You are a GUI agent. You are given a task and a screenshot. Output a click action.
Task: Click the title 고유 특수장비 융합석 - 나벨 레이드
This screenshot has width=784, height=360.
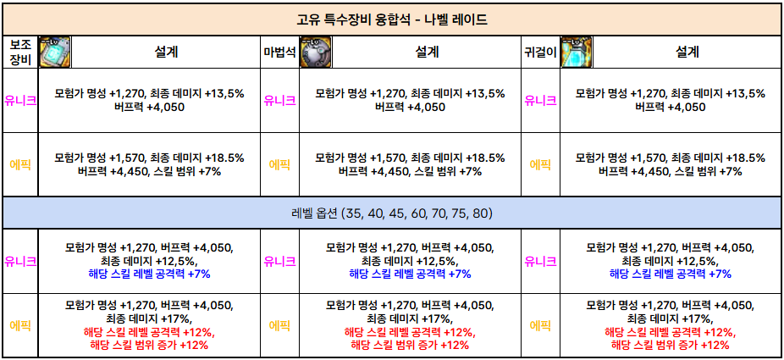click(392, 19)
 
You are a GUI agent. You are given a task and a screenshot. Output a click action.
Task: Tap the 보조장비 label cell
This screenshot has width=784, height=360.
click(19, 52)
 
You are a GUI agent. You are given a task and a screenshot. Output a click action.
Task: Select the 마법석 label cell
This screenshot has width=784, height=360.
click(279, 53)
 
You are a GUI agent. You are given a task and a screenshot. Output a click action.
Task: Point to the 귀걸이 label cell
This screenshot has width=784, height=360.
click(540, 53)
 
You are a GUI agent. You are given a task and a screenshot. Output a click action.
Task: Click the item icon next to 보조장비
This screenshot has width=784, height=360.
click(54, 53)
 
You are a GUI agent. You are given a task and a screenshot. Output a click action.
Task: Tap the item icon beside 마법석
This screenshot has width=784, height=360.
click(315, 53)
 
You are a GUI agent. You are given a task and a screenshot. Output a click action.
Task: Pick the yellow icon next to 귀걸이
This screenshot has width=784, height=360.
click(576, 53)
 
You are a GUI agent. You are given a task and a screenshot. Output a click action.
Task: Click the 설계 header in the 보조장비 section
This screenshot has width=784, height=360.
click(166, 53)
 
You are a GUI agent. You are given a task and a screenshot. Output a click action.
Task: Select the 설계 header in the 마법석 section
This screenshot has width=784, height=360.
click(427, 53)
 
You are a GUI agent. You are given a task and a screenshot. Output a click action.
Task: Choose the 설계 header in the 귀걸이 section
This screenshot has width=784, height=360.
click(687, 53)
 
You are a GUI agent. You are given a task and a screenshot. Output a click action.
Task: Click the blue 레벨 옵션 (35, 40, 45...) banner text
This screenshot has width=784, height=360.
click(392, 213)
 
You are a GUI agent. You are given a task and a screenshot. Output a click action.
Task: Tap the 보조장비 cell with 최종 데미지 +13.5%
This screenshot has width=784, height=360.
click(149, 100)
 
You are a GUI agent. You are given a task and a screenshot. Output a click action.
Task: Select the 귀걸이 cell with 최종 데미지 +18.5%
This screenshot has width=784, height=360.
click(670, 164)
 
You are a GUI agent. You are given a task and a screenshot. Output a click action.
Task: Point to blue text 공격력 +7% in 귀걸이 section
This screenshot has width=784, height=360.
click(670, 274)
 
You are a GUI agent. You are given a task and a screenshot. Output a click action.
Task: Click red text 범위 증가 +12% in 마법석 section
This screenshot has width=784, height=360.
click(410, 346)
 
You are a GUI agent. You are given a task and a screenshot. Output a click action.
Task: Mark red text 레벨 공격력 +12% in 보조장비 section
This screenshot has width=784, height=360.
click(149, 333)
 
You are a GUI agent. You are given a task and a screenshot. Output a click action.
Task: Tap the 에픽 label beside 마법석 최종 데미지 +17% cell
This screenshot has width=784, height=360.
click(279, 324)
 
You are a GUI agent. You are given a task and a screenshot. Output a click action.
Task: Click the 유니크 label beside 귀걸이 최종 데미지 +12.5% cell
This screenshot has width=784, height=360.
click(540, 261)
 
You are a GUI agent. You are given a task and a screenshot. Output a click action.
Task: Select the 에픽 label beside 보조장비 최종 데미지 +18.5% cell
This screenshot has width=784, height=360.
click(19, 164)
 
